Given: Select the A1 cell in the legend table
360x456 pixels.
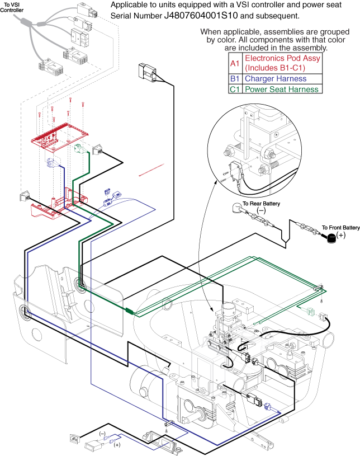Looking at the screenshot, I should [x=235, y=64].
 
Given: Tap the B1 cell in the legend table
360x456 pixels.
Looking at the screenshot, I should [x=235, y=79].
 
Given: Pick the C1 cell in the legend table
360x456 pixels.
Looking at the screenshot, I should [x=235, y=89].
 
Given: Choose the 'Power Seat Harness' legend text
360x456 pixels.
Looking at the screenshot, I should [x=282, y=89].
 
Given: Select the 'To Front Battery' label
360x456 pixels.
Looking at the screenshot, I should [x=340, y=228].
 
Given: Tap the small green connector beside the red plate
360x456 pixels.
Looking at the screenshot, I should [x=79, y=149].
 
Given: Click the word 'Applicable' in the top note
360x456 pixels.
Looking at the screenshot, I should [x=129, y=5].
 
